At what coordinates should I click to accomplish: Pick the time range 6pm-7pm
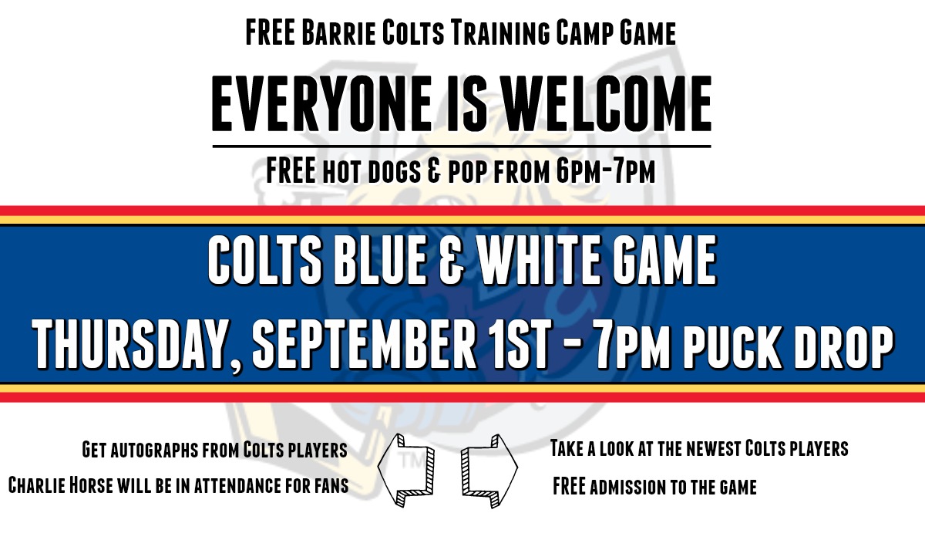click(604, 171)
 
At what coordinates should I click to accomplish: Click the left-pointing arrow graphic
click(406, 468)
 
